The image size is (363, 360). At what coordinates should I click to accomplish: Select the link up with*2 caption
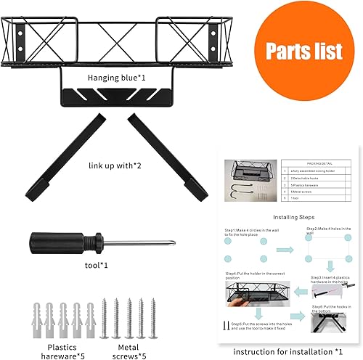[120, 165]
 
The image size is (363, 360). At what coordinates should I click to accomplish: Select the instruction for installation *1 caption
[287, 351]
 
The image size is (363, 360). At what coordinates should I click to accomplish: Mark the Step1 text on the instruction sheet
[250, 229]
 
